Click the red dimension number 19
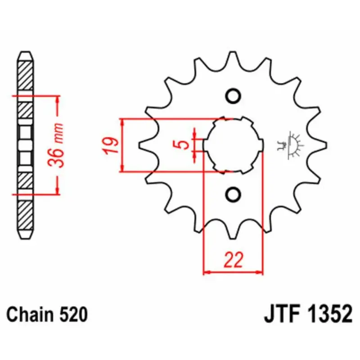110,145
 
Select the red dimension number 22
233,260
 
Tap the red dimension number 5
183,145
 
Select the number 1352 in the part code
330,314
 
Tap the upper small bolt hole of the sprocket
233,96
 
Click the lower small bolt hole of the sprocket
233,195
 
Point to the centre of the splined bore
233,145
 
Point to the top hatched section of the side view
25,76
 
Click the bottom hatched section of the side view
25,216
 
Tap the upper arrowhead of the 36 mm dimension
57,99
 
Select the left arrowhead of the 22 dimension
207,273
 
